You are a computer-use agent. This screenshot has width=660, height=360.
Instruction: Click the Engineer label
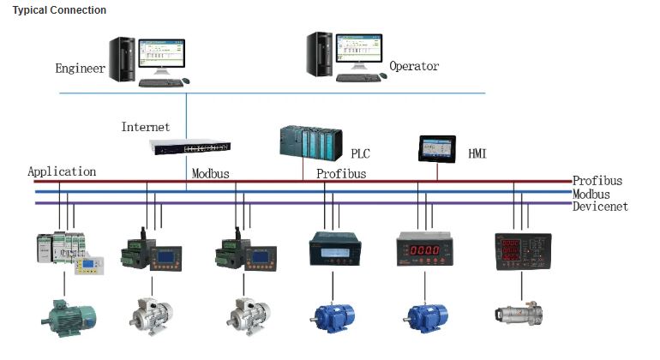(80, 69)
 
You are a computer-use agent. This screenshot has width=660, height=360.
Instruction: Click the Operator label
(414, 66)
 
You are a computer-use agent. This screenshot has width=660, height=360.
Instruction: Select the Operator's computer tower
(323, 54)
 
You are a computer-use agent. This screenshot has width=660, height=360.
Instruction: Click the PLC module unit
(309, 141)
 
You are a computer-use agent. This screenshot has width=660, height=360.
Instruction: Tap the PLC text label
(361, 154)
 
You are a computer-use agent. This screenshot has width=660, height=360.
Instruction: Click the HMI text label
(477, 154)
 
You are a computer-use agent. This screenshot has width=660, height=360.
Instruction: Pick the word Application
(62, 171)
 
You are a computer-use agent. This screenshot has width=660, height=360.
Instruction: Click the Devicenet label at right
(600, 207)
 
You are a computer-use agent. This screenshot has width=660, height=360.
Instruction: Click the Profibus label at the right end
(597, 181)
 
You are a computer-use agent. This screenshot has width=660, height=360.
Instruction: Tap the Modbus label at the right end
(594, 194)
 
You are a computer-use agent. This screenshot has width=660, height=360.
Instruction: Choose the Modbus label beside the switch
(210, 173)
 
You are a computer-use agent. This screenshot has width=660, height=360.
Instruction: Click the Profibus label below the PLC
(341, 174)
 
